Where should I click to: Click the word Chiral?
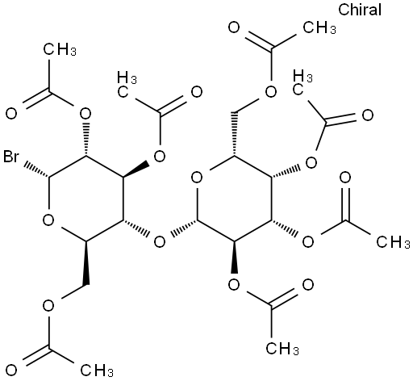click(360, 10)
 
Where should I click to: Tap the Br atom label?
click(11, 157)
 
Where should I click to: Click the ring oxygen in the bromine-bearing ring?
click(48, 220)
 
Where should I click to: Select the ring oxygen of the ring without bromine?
click(197, 178)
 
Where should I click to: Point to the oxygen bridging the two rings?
click(160, 242)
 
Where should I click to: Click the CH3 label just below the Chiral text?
click(319, 27)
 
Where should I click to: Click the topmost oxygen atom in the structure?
click(234, 27)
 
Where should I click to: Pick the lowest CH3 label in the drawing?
click(97, 371)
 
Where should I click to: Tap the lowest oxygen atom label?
click(11, 371)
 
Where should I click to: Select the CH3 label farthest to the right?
click(393, 242)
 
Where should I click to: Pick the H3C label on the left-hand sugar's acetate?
click(127, 84)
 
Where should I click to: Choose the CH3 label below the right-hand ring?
click(282, 349)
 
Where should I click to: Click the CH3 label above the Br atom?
click(60, 50)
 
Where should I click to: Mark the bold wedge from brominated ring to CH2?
click(86, 263)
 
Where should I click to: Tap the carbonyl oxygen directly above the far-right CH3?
click(345, 178)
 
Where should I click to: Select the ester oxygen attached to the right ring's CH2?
click(271, 92)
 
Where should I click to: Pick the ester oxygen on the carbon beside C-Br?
click(86, 114)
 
